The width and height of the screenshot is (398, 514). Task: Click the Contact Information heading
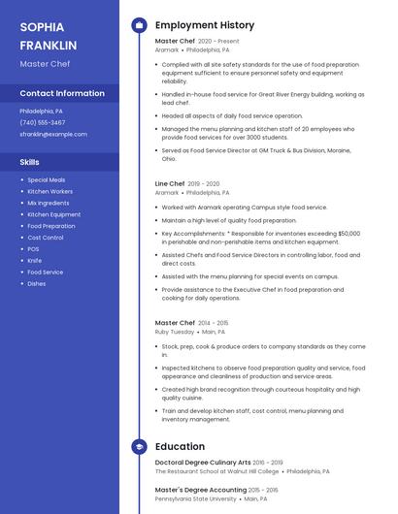pyautogui.click(x=62, y=94)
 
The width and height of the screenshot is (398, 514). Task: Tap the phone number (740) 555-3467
pyautogui.click(x=43, y=122)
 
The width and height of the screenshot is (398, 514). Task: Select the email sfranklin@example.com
pyautogui.click(x=53, y=134)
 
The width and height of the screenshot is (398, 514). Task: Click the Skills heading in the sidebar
pyautogui.click(x=29, y=162)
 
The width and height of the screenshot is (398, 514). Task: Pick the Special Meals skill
pyautogui.click(x=47, y=179)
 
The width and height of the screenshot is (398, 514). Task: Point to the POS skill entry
pyautogui.click(x=33, y=249)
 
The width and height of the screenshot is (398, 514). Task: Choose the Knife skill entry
pyautogui.click(x=34, y=261)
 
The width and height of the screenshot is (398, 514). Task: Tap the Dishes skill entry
pyautogui.click(x=36, y=284)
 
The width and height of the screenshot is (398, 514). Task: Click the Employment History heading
pyautogui.click(x=205, y=25)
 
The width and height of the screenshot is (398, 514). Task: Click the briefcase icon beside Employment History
pyautogui.click(x=139, y=25)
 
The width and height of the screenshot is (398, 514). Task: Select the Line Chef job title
pyautogui.click(x=170, y=183)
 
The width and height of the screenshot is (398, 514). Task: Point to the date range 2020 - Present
pyautogui.click(x=218, y=42)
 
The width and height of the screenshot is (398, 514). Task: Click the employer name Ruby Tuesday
pyautogui.click(x=175, y=332)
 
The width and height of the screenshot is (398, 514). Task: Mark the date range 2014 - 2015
pyautogui.click(x=214, y=323)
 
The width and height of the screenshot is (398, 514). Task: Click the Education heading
pyautogui.click(x=180, y=447)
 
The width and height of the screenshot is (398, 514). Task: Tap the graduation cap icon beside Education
pyautogui.click(x=139, y=447)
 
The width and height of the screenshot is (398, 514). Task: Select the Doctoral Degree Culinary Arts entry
pyautogui.click(x=203, y=463)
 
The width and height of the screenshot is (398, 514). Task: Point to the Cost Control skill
pyautogui.click(x=46, y=238)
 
